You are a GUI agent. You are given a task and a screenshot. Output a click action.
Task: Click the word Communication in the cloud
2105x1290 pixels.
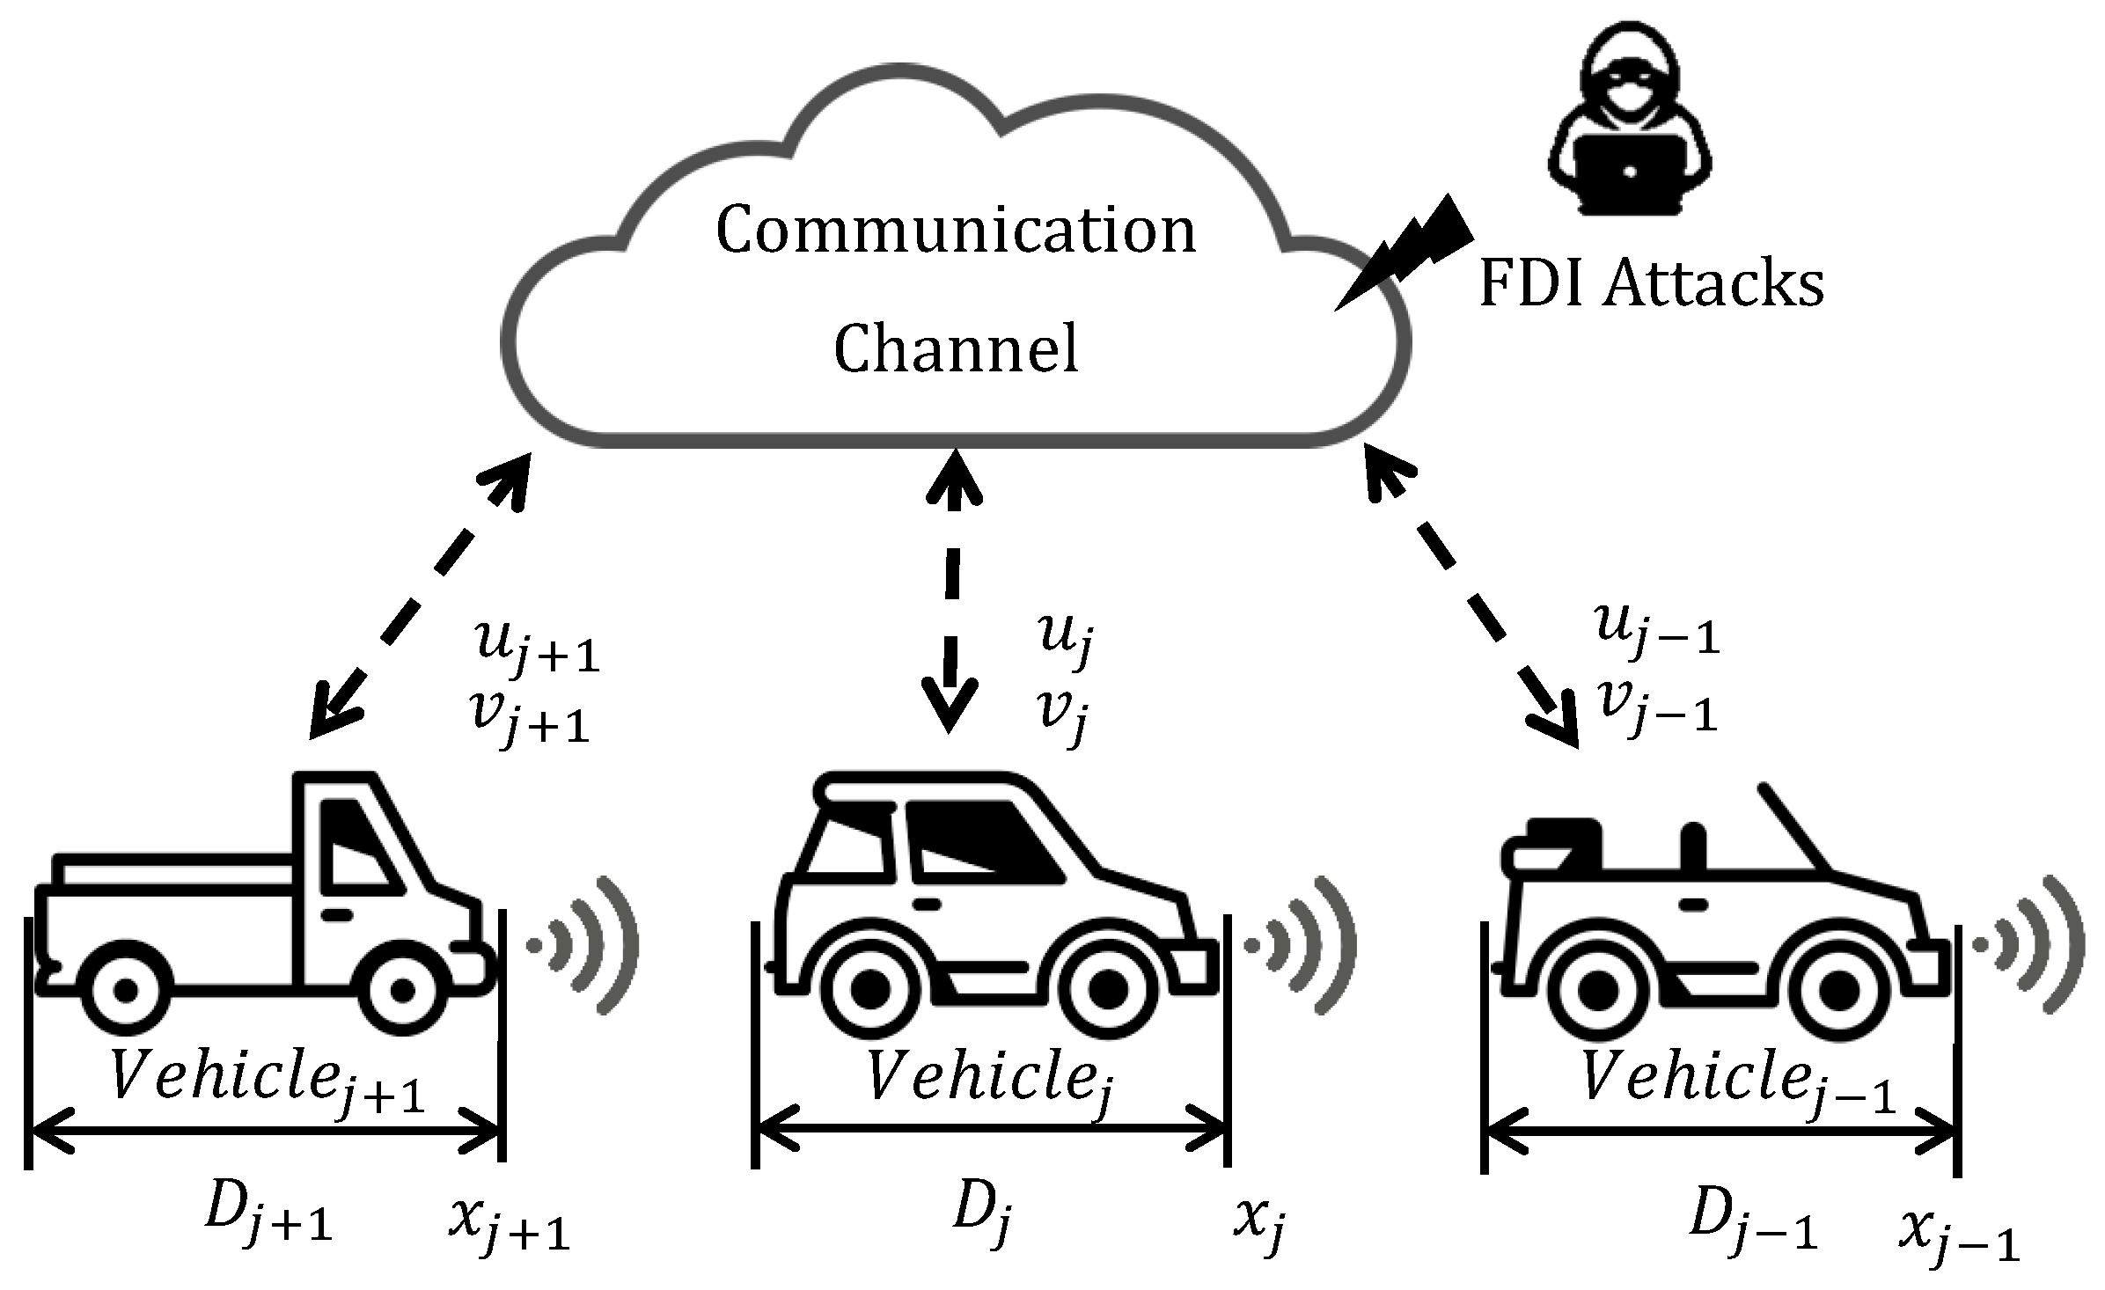click(956, 231)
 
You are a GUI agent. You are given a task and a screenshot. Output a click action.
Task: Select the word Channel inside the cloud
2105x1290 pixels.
click(956, 348)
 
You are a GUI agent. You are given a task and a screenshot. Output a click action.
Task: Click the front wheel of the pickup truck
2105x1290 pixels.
click(402, 990)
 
